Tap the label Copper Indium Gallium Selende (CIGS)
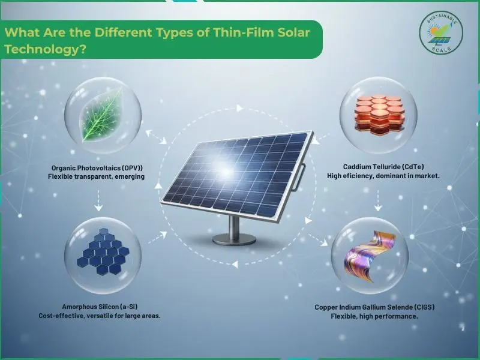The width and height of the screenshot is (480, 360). pyautogui.click(x=374, y=307)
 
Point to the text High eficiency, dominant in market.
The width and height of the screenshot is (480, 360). pyautogui.click(x=375, y=176)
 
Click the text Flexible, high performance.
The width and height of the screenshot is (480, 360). pyautogui.click(x=374, y=316)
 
